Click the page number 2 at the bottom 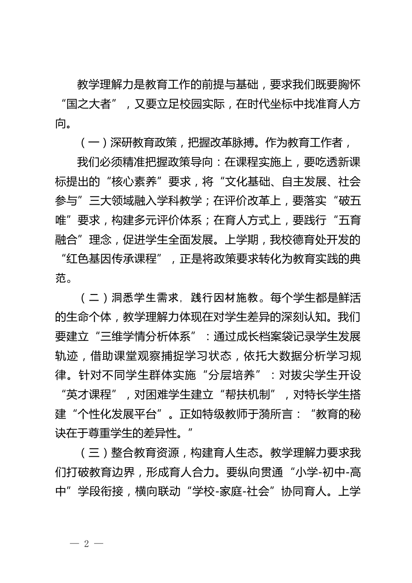point(86,544)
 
